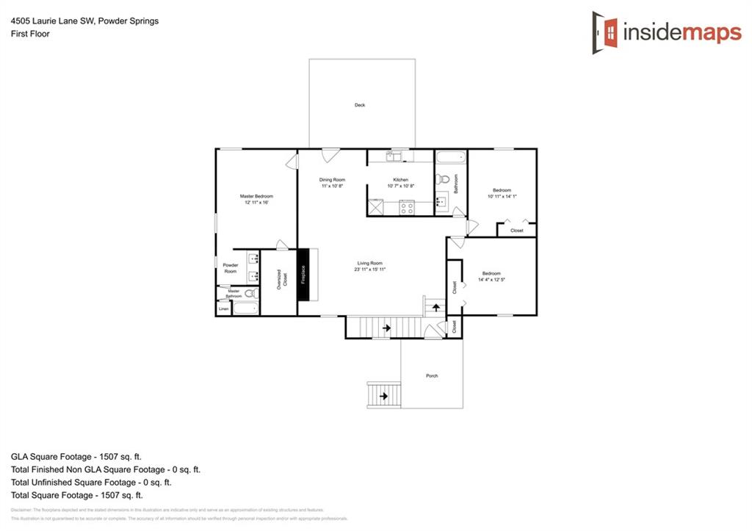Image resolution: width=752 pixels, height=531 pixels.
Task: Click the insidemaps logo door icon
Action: [x=606, y=32]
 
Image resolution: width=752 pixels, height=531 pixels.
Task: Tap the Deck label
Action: [x=360, y=105]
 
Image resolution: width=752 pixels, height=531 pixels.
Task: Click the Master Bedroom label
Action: [x=256, y=196]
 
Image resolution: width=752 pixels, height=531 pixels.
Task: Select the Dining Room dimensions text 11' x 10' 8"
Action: [x=332, y=187]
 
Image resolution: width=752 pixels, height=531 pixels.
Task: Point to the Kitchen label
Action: [x=400, y=180]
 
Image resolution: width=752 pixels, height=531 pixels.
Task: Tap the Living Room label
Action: [x=369, y=263]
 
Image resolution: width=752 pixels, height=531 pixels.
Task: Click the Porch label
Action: [x=432, y=376]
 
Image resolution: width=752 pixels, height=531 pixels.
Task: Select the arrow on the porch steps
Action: [x=383, y=397]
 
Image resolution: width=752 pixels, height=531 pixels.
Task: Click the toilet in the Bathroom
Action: [x=442, y=180]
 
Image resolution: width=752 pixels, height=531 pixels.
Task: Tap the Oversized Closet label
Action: [x=279, y=280]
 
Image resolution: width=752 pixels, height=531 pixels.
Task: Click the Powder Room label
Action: [x=231, y=268]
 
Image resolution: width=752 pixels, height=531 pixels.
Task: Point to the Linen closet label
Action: [x=223, y=309]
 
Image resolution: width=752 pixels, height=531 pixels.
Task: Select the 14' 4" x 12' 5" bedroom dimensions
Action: [x=491, y=280]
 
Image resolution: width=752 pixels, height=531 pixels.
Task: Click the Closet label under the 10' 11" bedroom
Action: [x=517, y=231]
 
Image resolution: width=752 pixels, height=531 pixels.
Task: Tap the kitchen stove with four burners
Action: [x=406, y=208]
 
